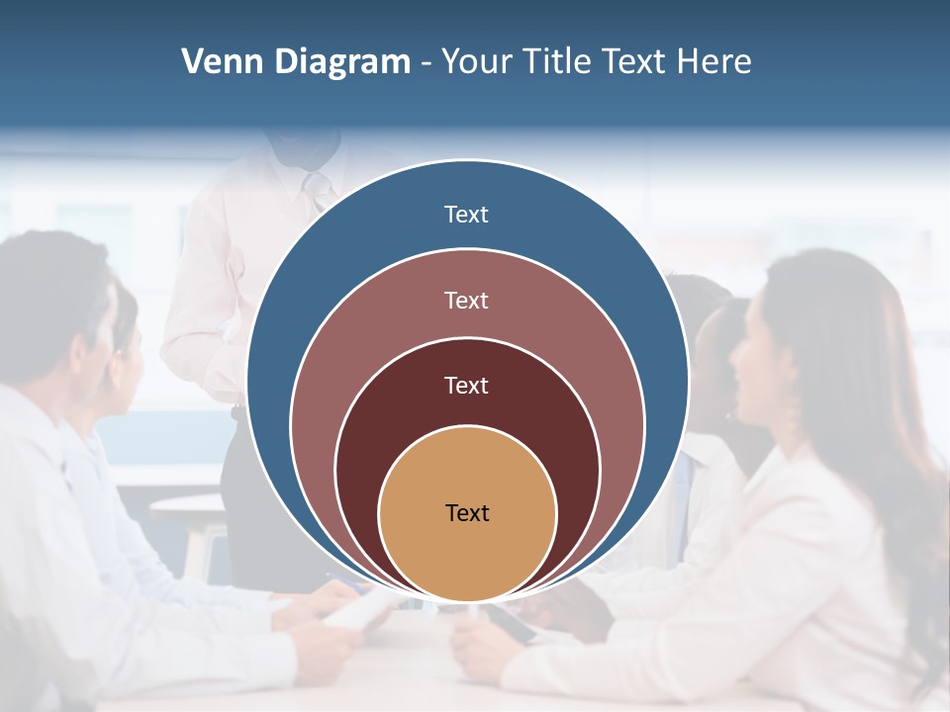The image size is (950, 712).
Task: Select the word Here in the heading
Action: click(713, 62)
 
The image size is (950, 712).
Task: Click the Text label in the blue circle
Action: click(467, 215)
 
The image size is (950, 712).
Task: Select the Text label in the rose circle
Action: click(467, 300)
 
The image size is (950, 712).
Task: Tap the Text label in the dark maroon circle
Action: click(467, 386)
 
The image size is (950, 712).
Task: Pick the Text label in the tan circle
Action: click(467, 513)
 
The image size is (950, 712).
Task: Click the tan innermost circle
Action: click(467, 554)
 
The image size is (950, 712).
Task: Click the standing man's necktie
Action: click(317, 188)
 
